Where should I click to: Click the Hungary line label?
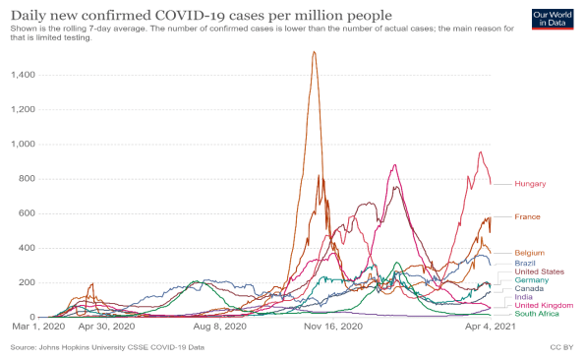tap(531, 184)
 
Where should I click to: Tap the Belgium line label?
tap(530, 253)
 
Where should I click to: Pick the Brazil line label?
tap(526, 263)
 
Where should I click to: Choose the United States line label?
tap(539, 271)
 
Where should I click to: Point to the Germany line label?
tap(532, 280)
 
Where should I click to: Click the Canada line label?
tap(530, 288)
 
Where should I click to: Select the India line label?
tap(524, 297)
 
